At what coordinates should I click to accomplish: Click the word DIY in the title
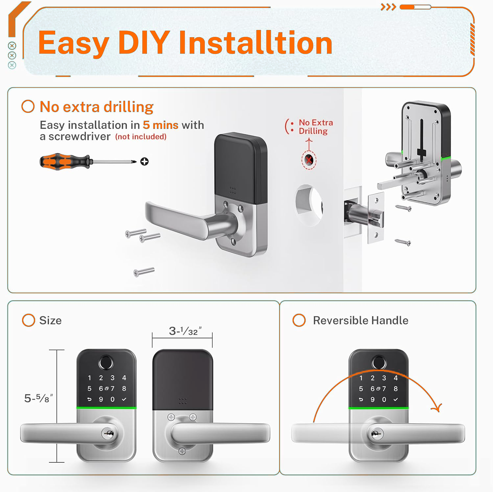[x=144, y=42]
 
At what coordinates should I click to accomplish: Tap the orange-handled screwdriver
[x=88, y=161]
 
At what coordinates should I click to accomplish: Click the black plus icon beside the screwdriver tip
[x=144, y=161]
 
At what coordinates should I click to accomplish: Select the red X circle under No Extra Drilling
[x=309, y=160]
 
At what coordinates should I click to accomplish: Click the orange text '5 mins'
[x=160, y=125]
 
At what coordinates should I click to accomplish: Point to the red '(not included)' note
[x=141, y=136]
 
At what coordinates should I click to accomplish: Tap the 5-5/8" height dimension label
[x=38, y=398]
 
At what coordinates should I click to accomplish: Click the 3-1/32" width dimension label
[x=185, y=331]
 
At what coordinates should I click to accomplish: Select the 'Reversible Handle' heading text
[x=361, y=320]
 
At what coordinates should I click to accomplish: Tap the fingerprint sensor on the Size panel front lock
[x=106, y=363]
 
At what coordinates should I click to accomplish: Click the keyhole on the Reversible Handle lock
[x=377, y=434]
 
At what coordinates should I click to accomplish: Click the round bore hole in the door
[x=309, y=205]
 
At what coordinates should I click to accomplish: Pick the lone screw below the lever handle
[x=144, y=272]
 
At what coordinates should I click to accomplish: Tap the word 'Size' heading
[x=50, y=320]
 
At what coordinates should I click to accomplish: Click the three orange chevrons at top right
[x=388, y=7]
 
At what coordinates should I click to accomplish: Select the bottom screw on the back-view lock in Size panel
[x=182, y=451]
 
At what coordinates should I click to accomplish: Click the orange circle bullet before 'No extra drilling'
[x=28, y=107]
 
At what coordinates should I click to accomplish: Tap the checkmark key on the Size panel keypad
[x=124, y=399]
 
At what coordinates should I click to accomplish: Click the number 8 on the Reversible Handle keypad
[x=396, y=389]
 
